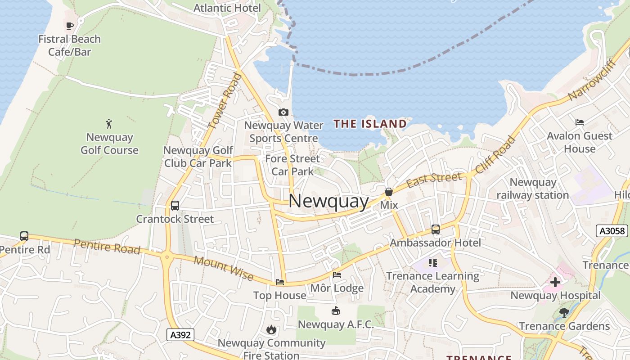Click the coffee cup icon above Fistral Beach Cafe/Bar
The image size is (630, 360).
[x=69, y=26]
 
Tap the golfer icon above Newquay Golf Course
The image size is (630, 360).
[x=109, y=124]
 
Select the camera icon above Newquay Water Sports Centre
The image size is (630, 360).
[x=283, y=112]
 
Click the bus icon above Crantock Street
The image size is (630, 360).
[x=175, y=206]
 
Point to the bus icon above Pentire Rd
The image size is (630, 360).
[x=24, y=236]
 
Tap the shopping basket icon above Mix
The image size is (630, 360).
[x=389, y=192]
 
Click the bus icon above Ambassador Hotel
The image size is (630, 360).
[x=435, y=229]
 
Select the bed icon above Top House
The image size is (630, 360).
[x=280, y=282]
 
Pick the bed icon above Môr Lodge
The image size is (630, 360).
[x=337, y=274]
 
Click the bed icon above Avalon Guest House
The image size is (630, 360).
[x=580, y=122]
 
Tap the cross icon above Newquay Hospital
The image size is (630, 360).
[x=555, y=282]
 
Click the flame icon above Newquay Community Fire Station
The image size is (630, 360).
[x=271, y=330]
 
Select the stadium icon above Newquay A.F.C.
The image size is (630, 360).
[x=335, y=310]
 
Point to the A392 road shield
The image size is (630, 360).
[x=180, y=335]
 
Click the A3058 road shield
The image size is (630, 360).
[x=612, y=231]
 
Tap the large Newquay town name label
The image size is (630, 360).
[x=328, y=201]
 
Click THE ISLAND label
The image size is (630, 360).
[x=370, y=124]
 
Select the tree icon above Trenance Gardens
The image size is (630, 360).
[x=564, y=312]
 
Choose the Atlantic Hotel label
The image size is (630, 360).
[x=227, y=8]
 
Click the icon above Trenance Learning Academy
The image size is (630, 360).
[x=433, y=262]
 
